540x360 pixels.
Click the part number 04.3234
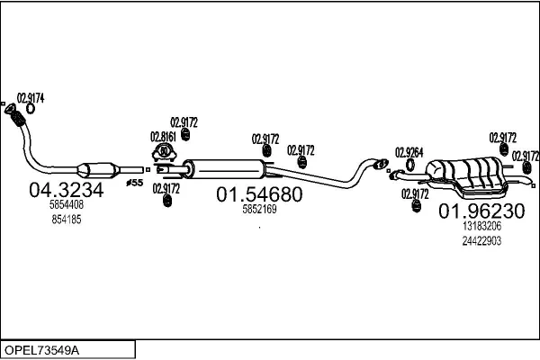tap(67, 191)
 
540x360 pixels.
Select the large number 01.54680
tap(257, 194)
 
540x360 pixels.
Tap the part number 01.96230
tap(481, 211)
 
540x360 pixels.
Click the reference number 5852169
tap(259, 210)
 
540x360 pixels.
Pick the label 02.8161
tap(161, 136)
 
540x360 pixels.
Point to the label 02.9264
tap(409, 152)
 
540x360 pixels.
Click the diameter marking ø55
tap(133, 183)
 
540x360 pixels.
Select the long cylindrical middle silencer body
tap(229, 167)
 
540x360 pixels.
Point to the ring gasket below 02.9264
tap(409, 166)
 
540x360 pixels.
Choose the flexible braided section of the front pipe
tap(15, 116)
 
